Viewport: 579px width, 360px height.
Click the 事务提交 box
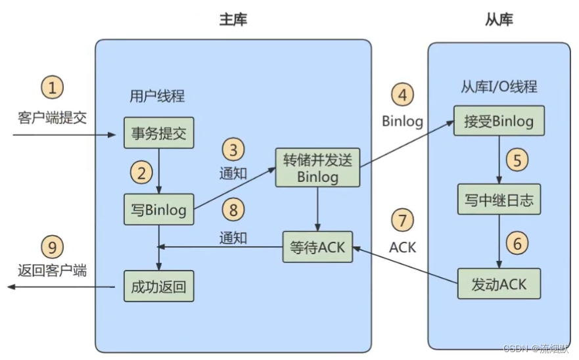(158, 133)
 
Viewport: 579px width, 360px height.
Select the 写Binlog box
(158, 210)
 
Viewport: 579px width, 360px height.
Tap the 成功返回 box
(158, 286)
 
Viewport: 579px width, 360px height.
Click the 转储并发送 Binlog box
(317, 168)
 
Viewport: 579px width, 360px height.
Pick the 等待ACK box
(317, 247)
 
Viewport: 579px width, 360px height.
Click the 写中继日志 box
(499, 200)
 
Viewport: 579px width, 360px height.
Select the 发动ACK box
(499, 284)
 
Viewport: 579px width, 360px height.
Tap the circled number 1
(53, 87)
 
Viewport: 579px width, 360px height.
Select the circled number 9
(53, 247)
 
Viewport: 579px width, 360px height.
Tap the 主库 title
(233, 20)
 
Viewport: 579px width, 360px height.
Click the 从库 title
(499, 20)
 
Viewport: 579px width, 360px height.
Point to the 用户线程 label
(157, 96)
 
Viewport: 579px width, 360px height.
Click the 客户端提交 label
(53, 118)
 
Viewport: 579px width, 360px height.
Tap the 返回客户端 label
(53, 271)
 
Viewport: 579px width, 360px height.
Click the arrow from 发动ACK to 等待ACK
(404, 265)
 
